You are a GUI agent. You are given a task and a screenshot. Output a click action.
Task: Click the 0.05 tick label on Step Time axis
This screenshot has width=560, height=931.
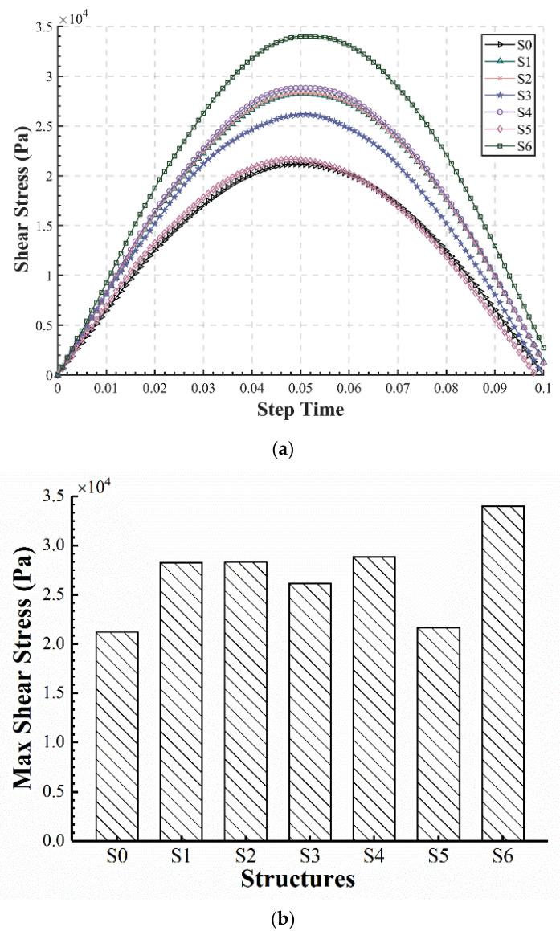[300, 388]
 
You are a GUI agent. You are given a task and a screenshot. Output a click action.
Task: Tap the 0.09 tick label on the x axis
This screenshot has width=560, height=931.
[495, 388]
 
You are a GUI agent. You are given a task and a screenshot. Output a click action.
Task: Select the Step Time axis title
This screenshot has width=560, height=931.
[300, 410]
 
